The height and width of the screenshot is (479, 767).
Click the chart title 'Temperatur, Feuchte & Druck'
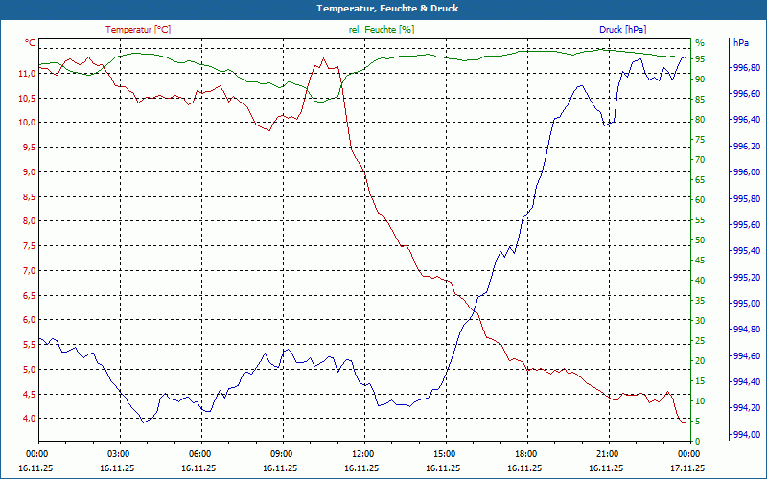(x=383, y=8)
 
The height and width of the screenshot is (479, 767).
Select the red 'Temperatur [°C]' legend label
(x=138, y=30)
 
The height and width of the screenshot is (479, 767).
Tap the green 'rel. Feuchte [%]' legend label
(x=382, y=30)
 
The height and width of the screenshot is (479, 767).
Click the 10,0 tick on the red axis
(x=27, y=123)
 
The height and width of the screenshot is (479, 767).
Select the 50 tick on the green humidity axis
(x=700, y=240)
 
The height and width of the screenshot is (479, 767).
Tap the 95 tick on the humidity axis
(x=700, y=59)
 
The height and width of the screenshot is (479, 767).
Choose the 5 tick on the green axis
(x=698, y=422)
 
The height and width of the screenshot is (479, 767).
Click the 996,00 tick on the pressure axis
(x=747, y=172)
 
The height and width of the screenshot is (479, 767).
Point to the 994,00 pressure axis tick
(x=747, y=435)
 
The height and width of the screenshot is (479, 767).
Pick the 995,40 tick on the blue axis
(x=747, y=251)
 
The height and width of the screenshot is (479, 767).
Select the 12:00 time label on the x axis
(x=362, y=454)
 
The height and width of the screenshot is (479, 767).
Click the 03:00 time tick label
(x=118, y=454)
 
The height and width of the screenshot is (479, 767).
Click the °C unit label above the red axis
(x=31, y=43)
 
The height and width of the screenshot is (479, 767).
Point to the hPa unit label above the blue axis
(x=741, y=43)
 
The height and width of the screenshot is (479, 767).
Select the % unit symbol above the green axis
(x=699, y=43)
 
